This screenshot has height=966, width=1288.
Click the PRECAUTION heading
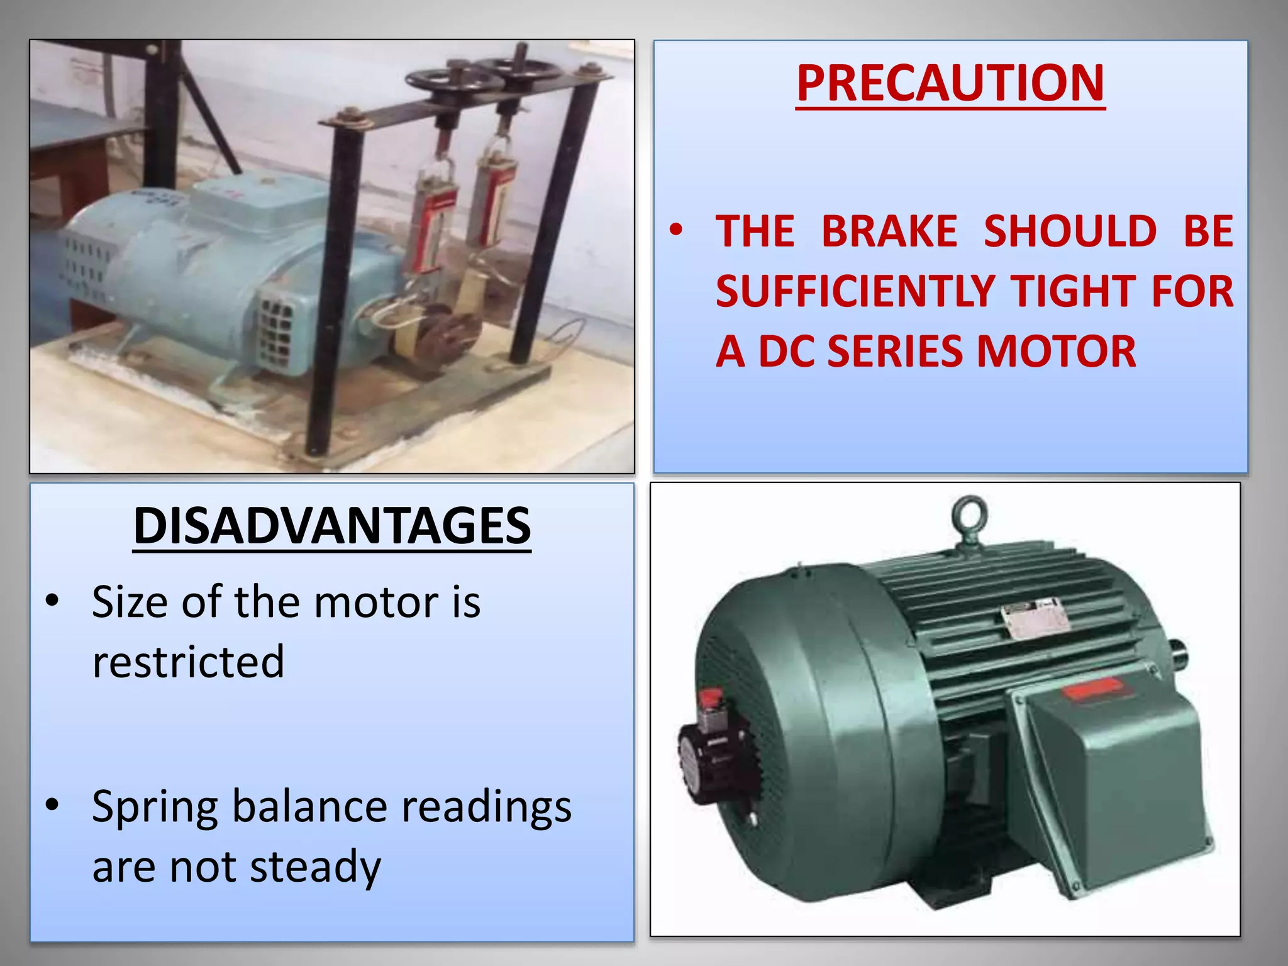pos(950,83)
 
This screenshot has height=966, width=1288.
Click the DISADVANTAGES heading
pos(332,526)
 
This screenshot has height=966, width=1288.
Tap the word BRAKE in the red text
pos(889,231)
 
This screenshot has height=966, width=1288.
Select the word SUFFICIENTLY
pos(855,291)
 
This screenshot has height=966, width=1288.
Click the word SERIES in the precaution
pos(896,351)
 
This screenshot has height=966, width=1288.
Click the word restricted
pos(188,662)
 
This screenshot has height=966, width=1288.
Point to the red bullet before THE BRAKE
pos(675,230)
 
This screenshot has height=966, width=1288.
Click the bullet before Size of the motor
pos(52,601)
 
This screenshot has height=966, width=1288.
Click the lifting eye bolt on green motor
pos(969,517)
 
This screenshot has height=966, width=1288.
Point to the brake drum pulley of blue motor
pos(447,336)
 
